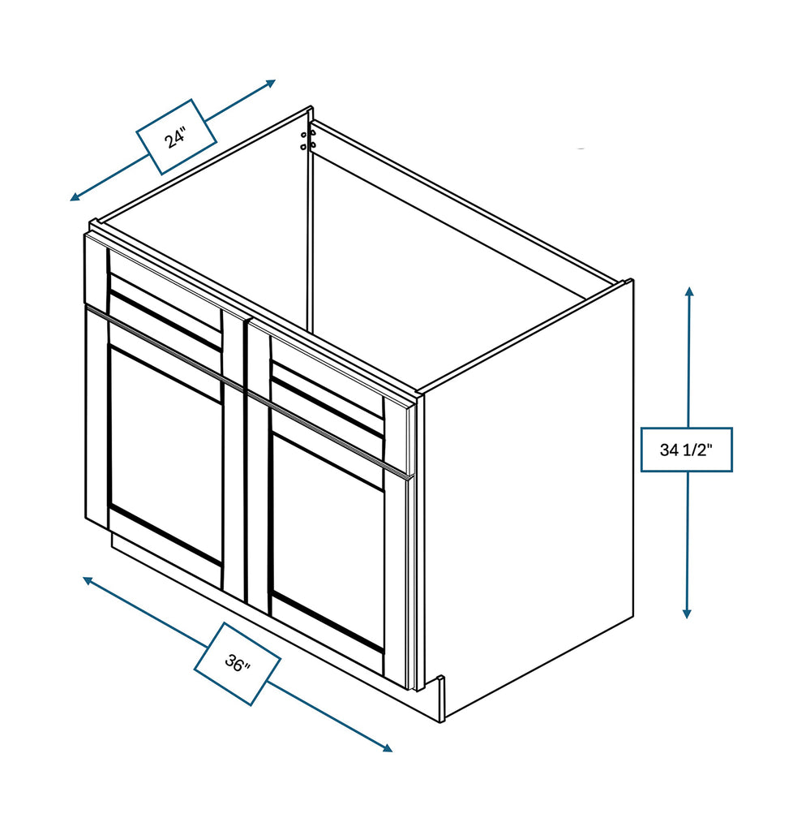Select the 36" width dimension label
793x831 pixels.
tap(237, 663)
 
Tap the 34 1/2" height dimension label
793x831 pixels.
tap(687, 450)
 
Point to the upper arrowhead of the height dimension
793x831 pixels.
tap(688, 291)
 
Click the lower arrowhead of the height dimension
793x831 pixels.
tap(687, 614)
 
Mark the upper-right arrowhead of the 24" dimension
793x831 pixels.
tap(271, 83)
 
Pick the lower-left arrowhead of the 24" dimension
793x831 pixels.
tap(75, 197)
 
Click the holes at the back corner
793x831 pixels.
tap(307, 140)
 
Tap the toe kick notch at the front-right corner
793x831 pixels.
tap(440, 699)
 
